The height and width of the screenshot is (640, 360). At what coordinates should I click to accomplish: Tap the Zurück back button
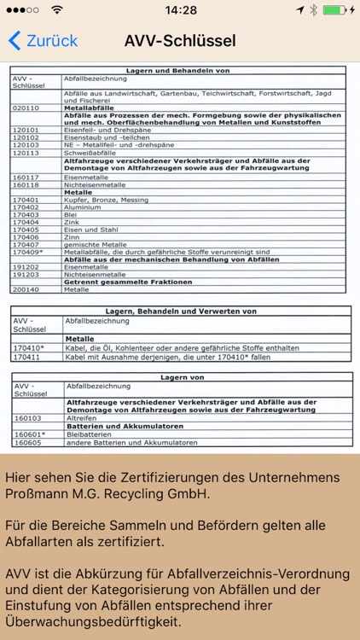(x=43, y=40)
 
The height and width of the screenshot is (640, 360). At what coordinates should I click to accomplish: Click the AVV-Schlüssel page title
(x=180, y=40)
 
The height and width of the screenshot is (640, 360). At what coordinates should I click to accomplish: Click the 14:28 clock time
(x=180, y=10)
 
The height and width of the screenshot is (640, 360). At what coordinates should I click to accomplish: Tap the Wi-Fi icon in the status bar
(x=57, y=10)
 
